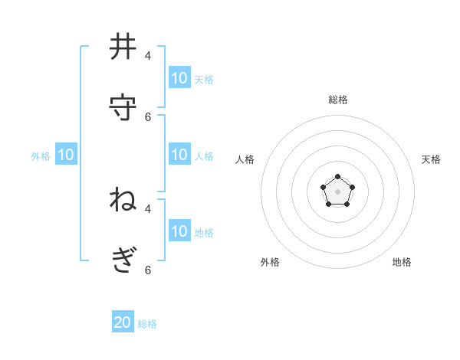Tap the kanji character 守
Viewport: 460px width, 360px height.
123,106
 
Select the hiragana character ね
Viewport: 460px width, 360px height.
123,199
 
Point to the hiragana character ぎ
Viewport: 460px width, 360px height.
123,260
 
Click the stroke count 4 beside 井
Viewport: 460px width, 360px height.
148,56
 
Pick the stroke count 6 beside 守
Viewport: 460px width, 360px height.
148,116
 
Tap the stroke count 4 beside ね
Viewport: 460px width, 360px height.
148,208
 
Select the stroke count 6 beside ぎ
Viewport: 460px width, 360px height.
148,270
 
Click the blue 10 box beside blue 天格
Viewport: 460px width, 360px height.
179,78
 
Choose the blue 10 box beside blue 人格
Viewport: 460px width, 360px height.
179,155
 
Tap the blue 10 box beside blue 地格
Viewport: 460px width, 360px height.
179,231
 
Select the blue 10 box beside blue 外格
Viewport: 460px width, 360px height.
66,155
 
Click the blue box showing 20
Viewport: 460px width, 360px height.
123,322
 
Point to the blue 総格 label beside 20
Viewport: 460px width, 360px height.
147,324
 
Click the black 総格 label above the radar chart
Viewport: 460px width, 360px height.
338,100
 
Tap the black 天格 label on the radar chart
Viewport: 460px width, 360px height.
431,159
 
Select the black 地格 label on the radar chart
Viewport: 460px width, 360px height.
402,262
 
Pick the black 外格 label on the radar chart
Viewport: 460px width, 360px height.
270,262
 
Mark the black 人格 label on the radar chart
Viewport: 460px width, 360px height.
245,159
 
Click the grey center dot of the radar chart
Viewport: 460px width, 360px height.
338,191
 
